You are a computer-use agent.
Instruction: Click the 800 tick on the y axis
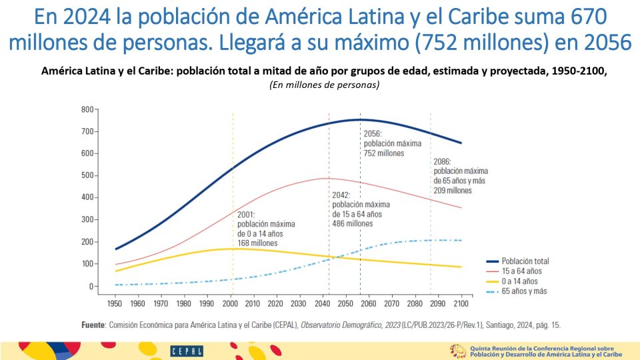87,109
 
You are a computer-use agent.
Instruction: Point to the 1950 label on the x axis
116,303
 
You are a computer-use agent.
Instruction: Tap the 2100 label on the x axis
461,303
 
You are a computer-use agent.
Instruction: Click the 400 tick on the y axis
87,197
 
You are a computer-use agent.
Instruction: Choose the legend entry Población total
525,261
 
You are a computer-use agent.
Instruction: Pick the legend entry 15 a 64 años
521,271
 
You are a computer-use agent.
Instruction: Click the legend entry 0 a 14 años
519,281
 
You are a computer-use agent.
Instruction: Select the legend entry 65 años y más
524,291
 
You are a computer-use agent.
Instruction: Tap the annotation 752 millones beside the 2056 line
384,153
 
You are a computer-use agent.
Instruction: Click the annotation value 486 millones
353,224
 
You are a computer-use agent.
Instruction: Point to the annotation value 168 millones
259,243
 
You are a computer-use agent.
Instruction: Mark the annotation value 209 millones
453,190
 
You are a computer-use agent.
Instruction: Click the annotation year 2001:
247,215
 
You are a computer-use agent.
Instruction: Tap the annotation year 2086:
443,161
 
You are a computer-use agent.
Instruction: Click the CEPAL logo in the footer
182,351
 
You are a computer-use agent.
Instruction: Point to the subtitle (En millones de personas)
324,85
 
